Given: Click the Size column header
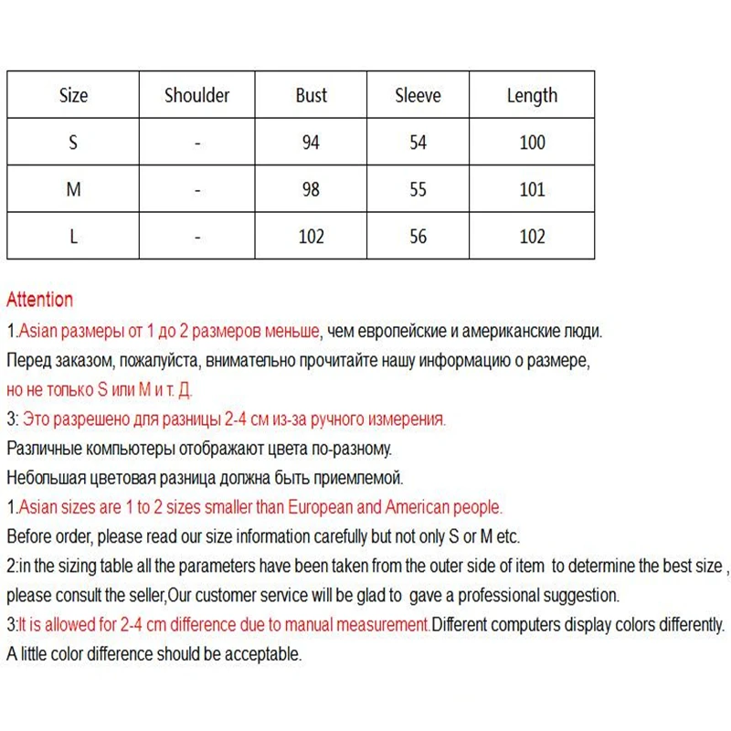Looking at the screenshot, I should point(74,95).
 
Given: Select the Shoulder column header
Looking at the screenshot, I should point(196,95).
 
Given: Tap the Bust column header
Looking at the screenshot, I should point(311,95).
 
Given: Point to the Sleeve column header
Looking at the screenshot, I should point(418,95).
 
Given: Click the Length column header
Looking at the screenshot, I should point(532,95).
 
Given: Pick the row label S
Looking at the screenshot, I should point(74,143).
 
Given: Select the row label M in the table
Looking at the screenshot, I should point(74,190).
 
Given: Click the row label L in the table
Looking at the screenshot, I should point(74,237).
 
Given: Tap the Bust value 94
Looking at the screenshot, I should point(311,143).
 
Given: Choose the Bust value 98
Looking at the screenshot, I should point(311,190).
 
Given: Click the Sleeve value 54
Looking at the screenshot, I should point(418,143).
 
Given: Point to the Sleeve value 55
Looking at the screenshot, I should point(418,190).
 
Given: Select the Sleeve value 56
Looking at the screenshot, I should point(418,237).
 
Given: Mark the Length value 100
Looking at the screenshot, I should point(532,143).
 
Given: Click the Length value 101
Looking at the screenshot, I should point(532,190).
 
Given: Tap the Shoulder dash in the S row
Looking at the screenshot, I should point(196,143).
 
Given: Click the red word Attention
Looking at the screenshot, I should point(39,300).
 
